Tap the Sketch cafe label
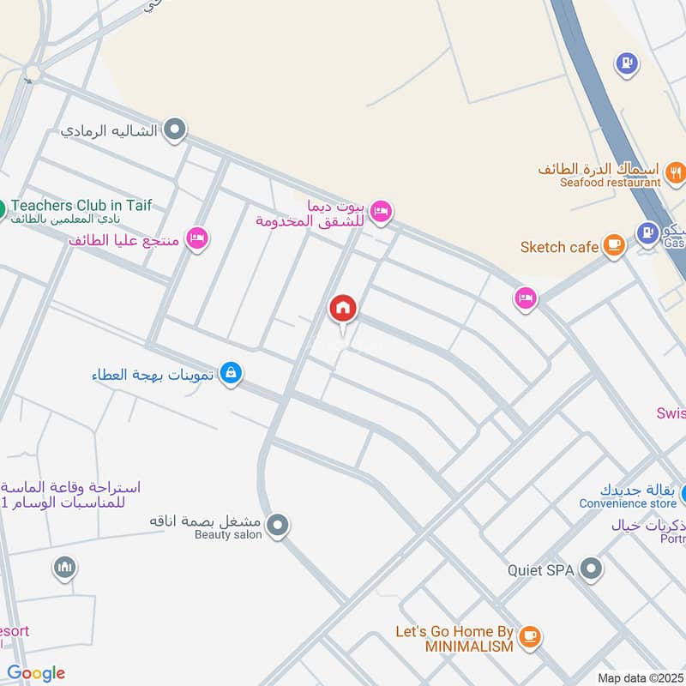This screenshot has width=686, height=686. [x=559, y=247]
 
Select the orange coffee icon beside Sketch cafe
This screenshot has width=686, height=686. [x=613, y=246]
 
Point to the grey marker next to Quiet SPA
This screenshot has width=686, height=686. [x=590, y=569]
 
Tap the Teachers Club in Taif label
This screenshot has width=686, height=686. [x=81, y=206]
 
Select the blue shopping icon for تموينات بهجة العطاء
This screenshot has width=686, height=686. [x=230, y=374]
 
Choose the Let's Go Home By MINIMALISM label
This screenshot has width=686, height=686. [x=454, y=639]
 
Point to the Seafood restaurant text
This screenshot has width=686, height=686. [x=611, y=183]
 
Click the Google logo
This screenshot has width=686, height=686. [x=36, y=673]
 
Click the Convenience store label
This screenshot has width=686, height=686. [x=628, y=503]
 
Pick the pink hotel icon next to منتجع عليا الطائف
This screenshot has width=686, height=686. [x=197, y=239]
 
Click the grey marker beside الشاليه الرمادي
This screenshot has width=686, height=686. [x=175, y=130]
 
